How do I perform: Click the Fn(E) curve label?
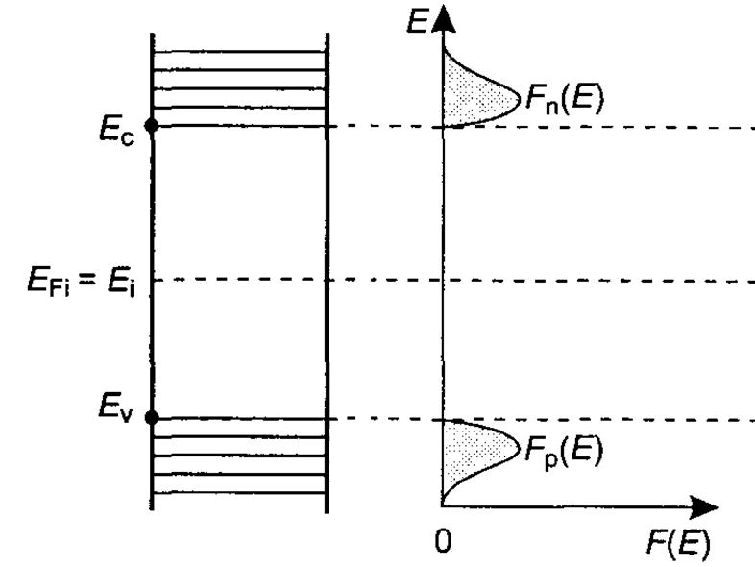click(x=562, y=99)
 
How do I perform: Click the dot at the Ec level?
click(x=151, y=126)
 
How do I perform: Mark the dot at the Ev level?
click(x=151, y=417)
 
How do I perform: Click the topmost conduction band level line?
click(x=239, y=52)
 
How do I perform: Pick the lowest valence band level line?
click(x=239, y=493)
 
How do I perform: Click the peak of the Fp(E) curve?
click(x=517, y=447)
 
